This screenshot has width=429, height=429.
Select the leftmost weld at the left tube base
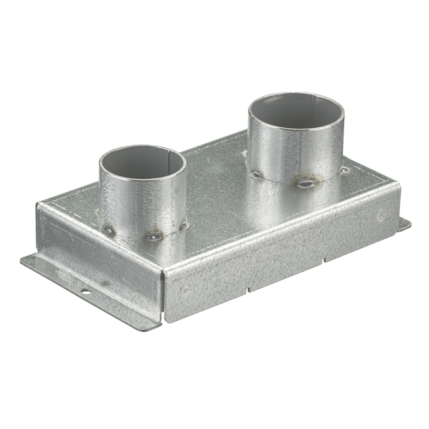click(x=108, y=230)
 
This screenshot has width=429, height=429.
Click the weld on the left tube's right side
click(x=183, y=225)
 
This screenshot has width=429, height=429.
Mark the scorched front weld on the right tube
click(x=305, y=182)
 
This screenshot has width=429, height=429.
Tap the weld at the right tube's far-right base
click(x=344, y=170)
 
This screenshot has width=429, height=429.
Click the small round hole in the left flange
click(x=85, y=291)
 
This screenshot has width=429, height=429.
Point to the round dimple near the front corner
click(x=185, y=289)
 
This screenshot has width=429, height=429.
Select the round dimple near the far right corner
click(x=381, y=216)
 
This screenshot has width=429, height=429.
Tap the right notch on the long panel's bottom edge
click(x=324, y=261)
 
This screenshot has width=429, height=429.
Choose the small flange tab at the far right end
click(x=404, y=225)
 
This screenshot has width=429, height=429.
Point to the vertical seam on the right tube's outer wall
click(x=300, y=155)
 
